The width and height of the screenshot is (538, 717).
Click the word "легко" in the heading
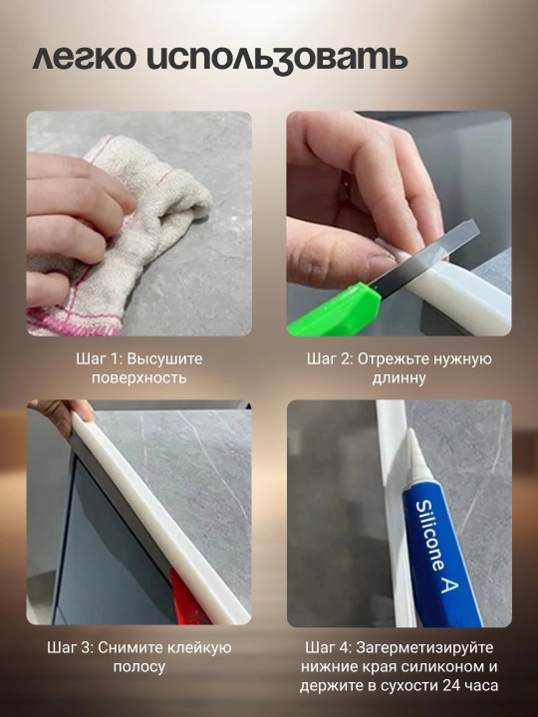coord(84,59)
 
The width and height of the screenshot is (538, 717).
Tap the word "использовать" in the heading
coord(278,60)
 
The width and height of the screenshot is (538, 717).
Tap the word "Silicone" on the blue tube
coord(430,535)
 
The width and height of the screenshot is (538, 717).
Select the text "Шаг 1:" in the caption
coord(100,358)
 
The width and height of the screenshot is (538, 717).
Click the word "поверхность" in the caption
coord(139,378)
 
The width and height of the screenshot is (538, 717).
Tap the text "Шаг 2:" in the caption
coord(330,358)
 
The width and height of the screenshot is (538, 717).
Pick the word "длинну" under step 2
coord(399,378)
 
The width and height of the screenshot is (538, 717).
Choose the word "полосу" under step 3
coord(139,666)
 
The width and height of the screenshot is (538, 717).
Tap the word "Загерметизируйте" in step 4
coord(425,648)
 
